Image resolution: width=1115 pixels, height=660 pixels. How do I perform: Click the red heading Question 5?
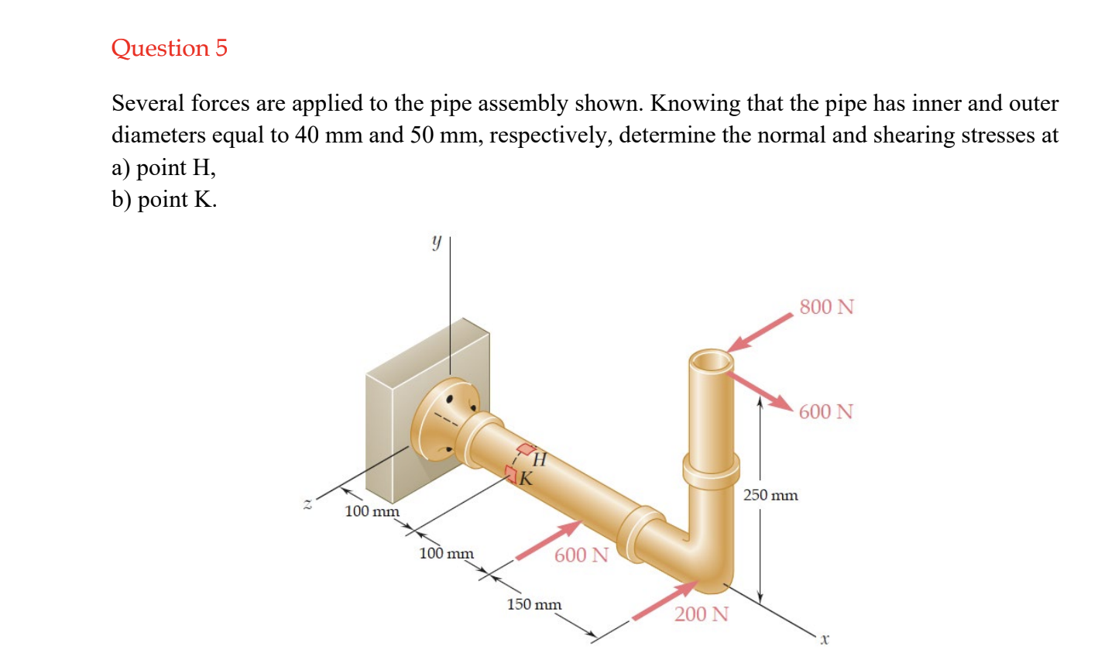point(169,48)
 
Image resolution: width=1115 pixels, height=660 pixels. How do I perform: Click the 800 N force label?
point(826,307)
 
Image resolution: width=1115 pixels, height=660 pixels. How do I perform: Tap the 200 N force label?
point(701,614)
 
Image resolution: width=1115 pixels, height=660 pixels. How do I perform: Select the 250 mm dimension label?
point(770,495)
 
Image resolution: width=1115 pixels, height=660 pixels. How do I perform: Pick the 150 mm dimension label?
point(534,604)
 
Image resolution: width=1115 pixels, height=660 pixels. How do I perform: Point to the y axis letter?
point(436,242)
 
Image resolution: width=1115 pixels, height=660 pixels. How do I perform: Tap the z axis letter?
point(307,504)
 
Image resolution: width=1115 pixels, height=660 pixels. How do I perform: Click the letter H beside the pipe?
point(540,460)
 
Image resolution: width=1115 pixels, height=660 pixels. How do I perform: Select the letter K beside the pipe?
point(526,479)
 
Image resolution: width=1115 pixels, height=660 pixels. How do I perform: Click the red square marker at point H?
point(527,449)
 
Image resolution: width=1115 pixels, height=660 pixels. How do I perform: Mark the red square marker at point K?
point(511,473)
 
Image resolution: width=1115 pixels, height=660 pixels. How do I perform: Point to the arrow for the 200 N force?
point(664,601)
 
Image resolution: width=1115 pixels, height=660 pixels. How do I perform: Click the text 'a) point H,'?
point(163,167)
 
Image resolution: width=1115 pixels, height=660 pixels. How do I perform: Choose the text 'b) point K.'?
point(164,200)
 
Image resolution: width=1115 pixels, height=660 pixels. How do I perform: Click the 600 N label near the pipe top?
point(825,411)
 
